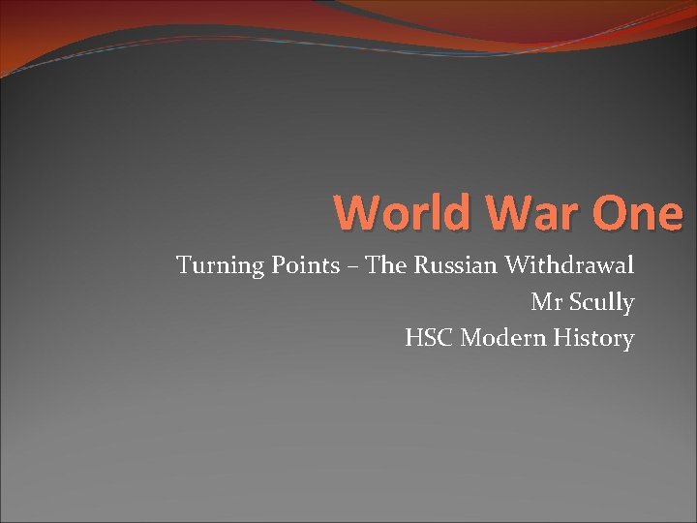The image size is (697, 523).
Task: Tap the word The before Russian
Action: [386, 265]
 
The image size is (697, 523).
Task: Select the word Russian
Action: [454, 265]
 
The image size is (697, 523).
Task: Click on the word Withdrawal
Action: [569, 265]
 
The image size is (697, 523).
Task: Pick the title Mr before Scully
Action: [544, 302]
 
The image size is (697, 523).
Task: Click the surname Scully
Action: [599, 303]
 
